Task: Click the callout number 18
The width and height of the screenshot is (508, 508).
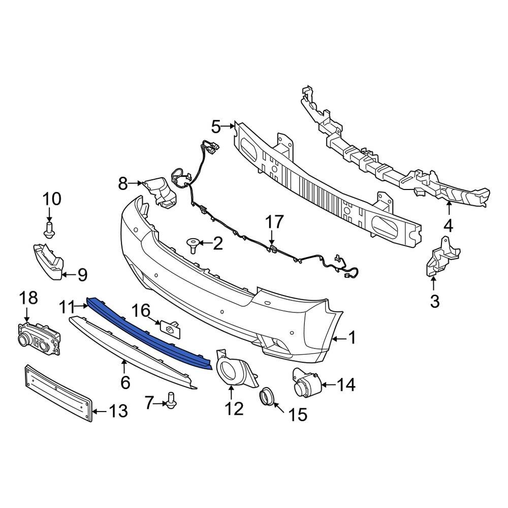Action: pyautogui.click(x=28, y=298)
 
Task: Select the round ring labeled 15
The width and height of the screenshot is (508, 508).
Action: pyautogui.click(x=268, y=397)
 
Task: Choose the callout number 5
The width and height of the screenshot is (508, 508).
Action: pyautogui.click(x=216, y=126)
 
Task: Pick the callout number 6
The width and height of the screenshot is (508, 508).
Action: pyautogui.click(x=125, y=381)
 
